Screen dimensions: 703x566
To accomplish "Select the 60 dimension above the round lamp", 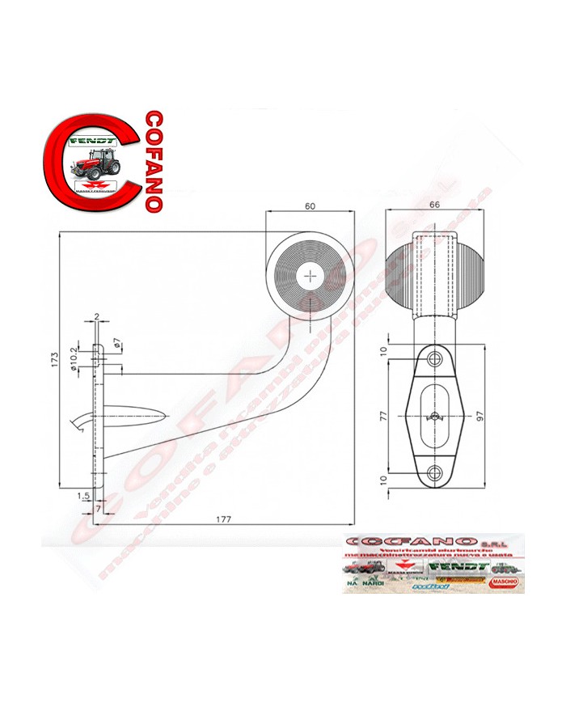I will click(x=310, y=206).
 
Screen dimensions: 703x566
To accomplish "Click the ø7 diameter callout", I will click(x=117, y=347).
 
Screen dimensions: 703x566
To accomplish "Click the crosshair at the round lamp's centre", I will click(x=310, y=275).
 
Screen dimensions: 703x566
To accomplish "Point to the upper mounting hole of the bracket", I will click(x=436, y=358).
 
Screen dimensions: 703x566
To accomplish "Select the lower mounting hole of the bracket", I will click(x=436, y=472).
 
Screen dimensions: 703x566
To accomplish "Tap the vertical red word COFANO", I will click(x=151, y=161).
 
